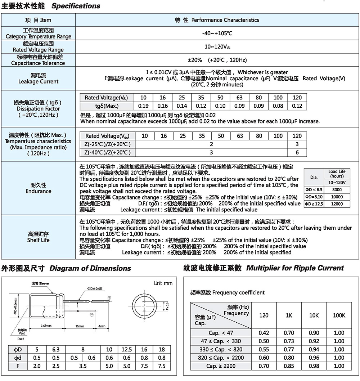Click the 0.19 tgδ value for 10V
143,106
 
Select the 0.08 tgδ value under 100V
278,106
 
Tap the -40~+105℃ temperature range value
217,33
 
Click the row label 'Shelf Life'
38,240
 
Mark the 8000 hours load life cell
337,189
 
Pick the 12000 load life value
337,204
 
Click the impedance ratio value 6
297,152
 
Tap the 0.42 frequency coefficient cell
264,333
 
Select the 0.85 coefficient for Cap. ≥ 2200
289,366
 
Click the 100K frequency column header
339,315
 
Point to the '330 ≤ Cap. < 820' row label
221,350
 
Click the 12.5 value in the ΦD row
127,350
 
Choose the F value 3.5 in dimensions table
83,366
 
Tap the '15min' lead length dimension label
80,326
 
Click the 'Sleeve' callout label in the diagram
44,284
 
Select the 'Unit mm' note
163,283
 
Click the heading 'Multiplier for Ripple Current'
295,268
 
